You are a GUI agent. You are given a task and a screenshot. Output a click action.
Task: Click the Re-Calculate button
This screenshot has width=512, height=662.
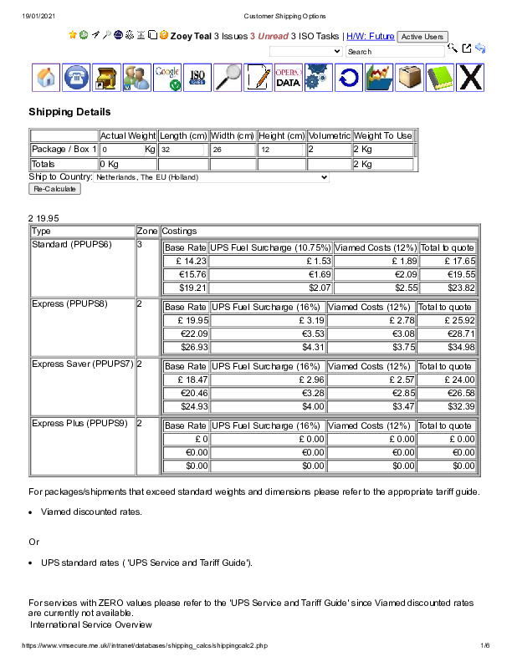(x=54, y=189)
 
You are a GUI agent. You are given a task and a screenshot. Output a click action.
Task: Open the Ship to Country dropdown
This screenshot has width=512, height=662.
(x=212, y=177)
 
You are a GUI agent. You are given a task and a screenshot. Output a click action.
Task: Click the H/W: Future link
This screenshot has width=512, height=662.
(x=370, y=37)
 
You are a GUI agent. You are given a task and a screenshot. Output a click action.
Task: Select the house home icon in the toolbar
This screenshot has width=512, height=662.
(x=47, y=78)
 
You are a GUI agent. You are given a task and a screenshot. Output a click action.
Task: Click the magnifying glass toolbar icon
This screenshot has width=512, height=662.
(x=228, y=78)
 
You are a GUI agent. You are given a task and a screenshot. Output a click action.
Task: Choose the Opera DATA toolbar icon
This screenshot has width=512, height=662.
(x=288, y=78)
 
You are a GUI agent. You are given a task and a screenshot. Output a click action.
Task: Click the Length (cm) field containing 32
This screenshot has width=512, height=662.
(x=182, y=150)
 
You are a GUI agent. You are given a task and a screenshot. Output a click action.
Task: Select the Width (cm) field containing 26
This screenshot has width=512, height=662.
(x=232, y=150)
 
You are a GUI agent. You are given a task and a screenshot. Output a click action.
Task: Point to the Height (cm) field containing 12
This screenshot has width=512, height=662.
(x=281, y=150)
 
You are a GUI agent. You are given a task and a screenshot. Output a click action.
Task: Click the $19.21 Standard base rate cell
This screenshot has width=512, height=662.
(x=185, y=288)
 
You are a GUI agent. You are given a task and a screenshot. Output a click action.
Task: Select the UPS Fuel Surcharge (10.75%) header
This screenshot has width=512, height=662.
(x=269, y=248)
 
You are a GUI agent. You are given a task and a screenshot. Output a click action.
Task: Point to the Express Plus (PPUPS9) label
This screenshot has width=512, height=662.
(x=79, y=424)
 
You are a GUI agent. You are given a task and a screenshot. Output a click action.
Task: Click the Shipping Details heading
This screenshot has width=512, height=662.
(x=69, y=112)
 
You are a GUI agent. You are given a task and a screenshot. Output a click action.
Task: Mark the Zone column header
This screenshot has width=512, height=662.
(x=146, y=231)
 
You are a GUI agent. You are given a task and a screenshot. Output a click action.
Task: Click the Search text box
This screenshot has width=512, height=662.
(x=394, y=52)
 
